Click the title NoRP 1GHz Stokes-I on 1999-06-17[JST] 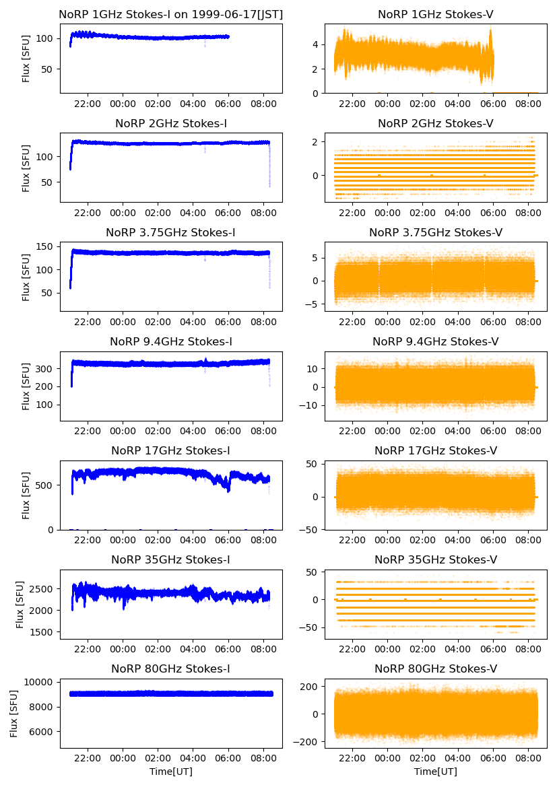pos(171,14)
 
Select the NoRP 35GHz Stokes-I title pos(171,559)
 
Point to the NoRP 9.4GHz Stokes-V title pos(436,341)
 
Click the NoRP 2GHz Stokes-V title pos(436,123)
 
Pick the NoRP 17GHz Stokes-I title pos(171,450)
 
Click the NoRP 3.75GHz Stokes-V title pos(436,232)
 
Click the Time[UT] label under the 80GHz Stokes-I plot pos(171,772)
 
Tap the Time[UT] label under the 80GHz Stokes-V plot pos(436,772)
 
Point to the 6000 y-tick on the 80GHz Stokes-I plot pos(44,732)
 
